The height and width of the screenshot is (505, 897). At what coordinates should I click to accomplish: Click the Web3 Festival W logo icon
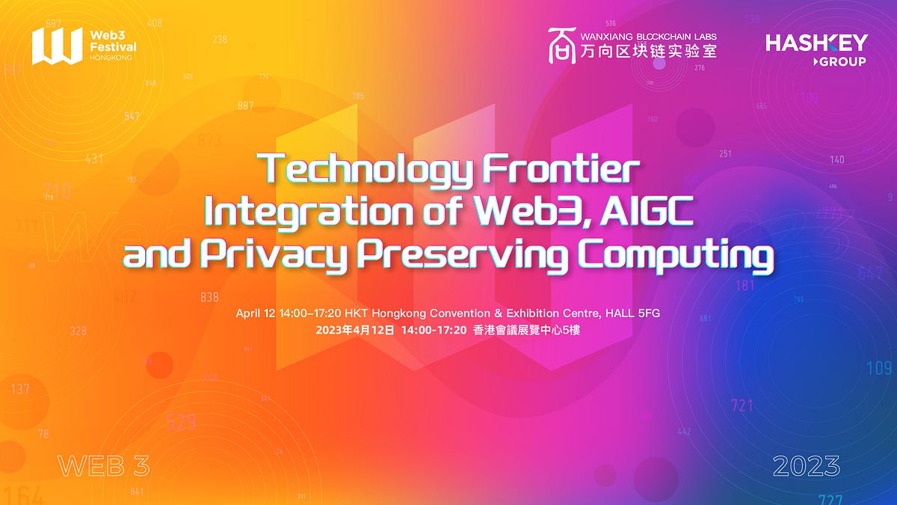pyautogui.click(x=57, y=46)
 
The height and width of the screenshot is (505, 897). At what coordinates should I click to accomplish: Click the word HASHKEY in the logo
pyautogui.click(x=816, y=43)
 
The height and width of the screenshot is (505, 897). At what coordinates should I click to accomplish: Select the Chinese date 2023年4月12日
pyautogui.click(x=354, y=329)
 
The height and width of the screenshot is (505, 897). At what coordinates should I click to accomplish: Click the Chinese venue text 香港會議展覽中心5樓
pyautogui.click(x=527, y=329)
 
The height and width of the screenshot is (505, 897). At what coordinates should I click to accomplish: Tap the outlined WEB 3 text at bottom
pyautogui.click(x=103, y=466)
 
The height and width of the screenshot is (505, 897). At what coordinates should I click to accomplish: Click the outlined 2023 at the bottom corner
pyautogui.click(x=807, y=466)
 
